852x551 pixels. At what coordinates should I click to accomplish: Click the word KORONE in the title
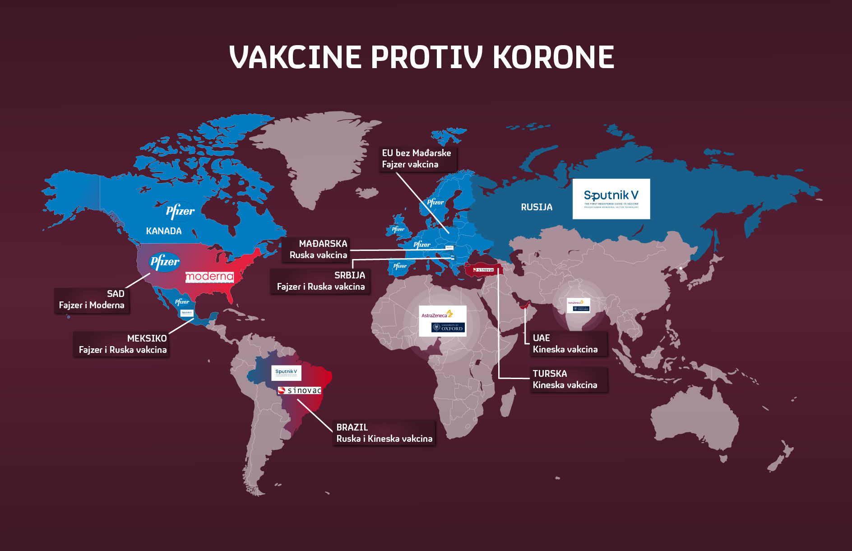coord(553,57)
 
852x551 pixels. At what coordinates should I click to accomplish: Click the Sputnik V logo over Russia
coord(611,199)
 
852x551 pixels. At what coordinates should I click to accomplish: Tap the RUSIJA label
coord(537,207)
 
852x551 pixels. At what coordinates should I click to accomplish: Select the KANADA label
coord(164,231)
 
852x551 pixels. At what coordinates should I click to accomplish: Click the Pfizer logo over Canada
coord(180,211)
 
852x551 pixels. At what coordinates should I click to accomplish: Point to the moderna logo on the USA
coord(209,277)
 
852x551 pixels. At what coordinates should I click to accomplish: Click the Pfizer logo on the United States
coord(164,262)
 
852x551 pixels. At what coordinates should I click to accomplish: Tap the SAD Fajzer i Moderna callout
coord(92,300)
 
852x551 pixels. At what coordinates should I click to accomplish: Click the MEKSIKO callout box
coord(122,344)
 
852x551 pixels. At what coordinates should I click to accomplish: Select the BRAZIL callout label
coord(384,433)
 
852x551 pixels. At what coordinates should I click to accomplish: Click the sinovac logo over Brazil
coord(300,390)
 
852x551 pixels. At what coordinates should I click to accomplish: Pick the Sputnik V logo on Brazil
coord(286,373)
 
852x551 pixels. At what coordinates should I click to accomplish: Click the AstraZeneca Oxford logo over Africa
coord(442,321)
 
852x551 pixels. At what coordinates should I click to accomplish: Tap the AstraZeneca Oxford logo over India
coord(578,306)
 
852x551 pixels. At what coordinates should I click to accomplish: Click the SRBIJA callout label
coord(320,281)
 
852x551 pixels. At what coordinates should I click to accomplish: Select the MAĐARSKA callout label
coord(318,250)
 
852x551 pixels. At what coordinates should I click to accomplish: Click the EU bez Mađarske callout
coord(417,159)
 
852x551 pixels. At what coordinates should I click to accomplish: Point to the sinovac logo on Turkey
coord(484,270)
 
